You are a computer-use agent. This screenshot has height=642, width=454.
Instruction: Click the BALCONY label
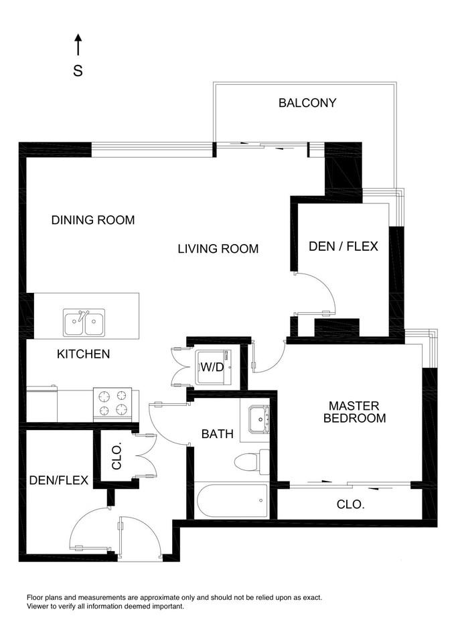[307, 103]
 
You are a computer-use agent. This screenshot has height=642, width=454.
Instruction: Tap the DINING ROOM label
[93, 220]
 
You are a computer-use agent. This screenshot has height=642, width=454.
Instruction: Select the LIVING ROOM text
[218, 249]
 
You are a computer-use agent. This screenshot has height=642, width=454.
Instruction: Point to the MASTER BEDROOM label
[354, 412]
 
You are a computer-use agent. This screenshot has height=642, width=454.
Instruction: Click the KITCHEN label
[83, 354]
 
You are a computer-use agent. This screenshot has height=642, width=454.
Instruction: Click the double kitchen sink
[84, 322]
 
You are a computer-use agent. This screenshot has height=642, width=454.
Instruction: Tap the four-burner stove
[112, 404]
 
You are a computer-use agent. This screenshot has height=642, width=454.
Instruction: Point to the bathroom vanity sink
[258, 419]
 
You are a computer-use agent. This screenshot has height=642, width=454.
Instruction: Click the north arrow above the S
[78, 45]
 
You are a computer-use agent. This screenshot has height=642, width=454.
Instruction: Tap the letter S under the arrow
[78, 71]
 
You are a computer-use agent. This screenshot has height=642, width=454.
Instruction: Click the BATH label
[218, 433]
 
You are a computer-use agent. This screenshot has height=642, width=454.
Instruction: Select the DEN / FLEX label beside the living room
[344, 246]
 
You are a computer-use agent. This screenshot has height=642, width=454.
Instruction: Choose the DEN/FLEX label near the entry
[59, 480]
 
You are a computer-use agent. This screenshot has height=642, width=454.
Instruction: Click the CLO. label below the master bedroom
[351, 504]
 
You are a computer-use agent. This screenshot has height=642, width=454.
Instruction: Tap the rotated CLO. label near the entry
[117, 455]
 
